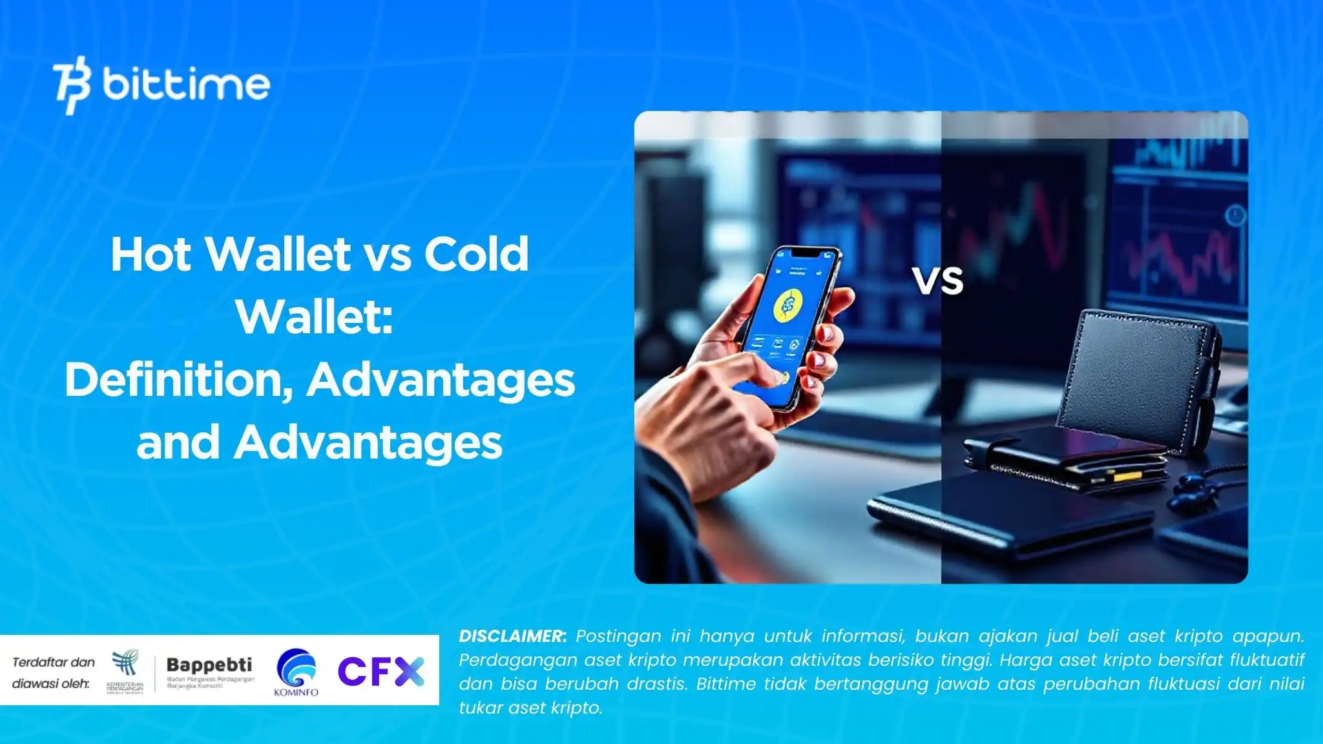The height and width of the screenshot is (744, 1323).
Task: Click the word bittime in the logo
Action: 186,85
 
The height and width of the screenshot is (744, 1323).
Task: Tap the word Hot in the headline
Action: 151,254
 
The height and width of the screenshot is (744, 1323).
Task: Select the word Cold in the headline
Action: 476,254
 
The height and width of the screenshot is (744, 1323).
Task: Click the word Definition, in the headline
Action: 175,380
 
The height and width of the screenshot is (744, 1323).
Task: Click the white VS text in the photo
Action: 938,282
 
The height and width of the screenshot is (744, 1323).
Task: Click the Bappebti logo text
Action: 209,665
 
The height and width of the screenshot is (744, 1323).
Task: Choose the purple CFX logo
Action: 381,672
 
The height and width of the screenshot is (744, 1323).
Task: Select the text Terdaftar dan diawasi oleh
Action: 53,672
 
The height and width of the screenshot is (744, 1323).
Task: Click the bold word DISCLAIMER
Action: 512,636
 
